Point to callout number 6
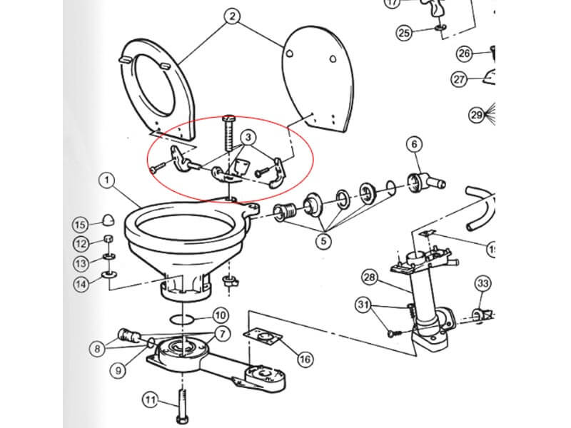click(x=414, y=145)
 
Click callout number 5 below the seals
click(x=325, y=240)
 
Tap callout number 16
click(x=305, y=359)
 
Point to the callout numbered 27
click(x=459, y=79)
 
